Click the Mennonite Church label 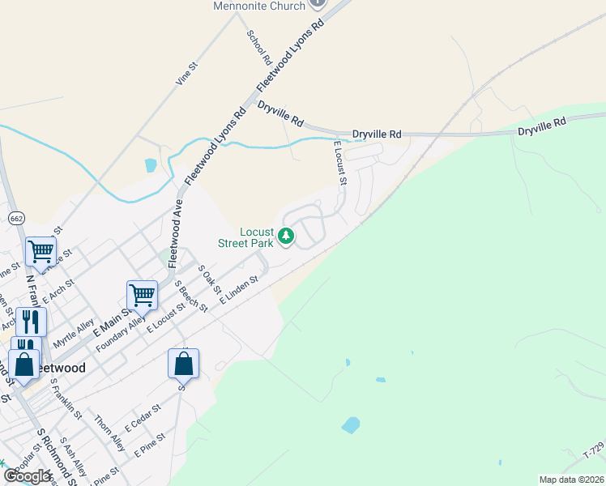pyautogui.click(x=259, y=6)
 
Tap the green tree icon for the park pyautogui.click(x=285, y=237)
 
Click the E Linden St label pyautogui.click(x=238, y=289)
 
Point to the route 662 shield pyautogui.click(x=16, y=218)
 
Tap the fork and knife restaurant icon pyautogui.click(x=31, y=322)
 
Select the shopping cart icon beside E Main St pyautogui.click(x=142, y=295)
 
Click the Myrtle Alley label pyautogui.click(x=74, y=332)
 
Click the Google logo pyautogui.click(x=27, y=475)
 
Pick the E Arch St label pyautogui.click(x=58, y=291)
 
